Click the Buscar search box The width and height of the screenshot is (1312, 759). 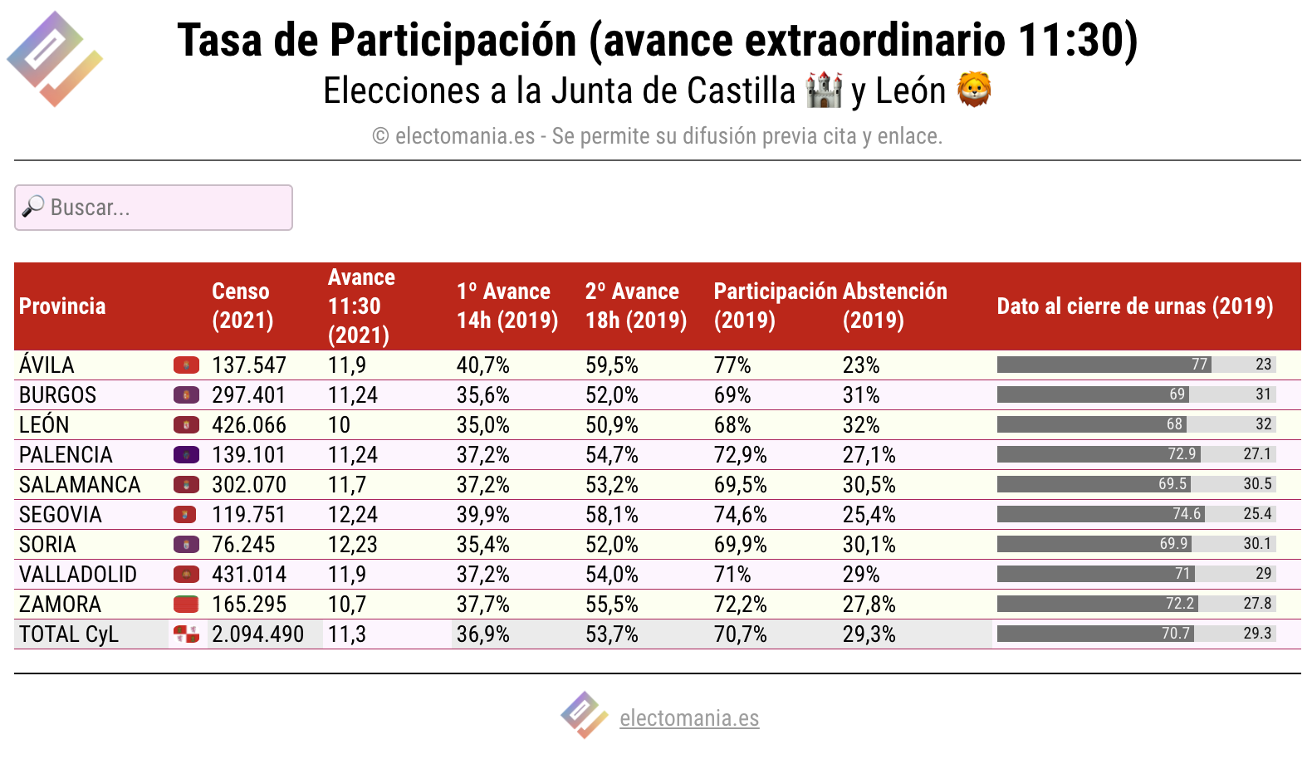pyautogui.click(x=154, y=208)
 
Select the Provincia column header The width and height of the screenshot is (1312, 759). pyautogui.click(x=62, y=306)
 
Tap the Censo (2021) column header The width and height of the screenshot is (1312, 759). pyautogui.click(x=242, y=306)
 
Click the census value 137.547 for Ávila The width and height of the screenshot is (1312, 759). pyautogui.click(x=249, y=365)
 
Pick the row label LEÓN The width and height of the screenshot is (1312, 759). pyautogui.click(x=44, y=424)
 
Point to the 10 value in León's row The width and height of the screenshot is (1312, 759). pyautogui.click(x=339, y=425)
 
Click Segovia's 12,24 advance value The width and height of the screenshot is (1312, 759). pyautogui.click(x=353, y=515)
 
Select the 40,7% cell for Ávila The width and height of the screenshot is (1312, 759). pyautogui.click(x=483, y=365)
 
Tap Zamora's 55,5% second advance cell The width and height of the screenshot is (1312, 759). pyautogui.click(x=611, y=605)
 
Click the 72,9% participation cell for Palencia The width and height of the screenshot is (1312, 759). pyautogui.click(x=741, y=455)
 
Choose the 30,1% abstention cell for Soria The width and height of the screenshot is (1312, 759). pyautogui.click(x=869, y=545)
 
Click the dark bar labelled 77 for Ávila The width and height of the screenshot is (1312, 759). pyautogui.click(x=1104, y=365)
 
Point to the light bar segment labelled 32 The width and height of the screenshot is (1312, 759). pyautogui.click(x=1231, y=424)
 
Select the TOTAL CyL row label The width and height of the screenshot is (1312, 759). pyautogui.click(x=69, y=634)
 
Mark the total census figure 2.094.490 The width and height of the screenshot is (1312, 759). pyautogui.click(x=257, y=634)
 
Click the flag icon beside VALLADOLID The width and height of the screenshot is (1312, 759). pyautogui.click(x=186, y=575)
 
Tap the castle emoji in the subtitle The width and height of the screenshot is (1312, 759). pyautogui.click(x=824, y=90)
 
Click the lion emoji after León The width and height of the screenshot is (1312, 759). pyautogui.click(x=973, y=90)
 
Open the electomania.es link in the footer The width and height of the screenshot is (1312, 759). pyautogui.click(x=689, y=718)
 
